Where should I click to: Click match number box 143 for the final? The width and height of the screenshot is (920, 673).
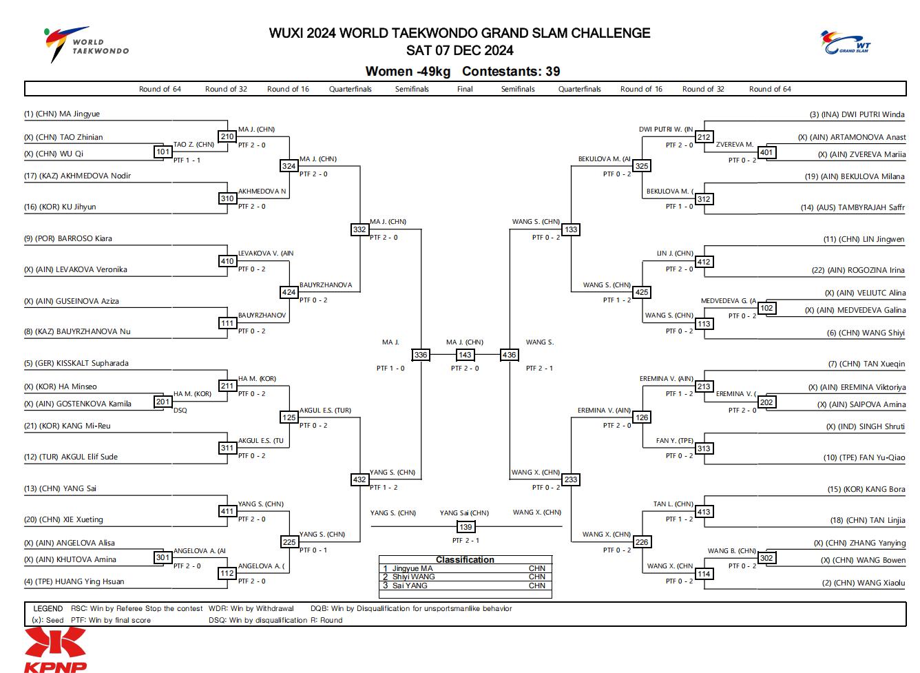coord(465,355)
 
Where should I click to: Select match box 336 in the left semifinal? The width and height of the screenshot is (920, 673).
coord(421,355)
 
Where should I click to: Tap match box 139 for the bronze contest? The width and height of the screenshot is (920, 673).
coord(466,527)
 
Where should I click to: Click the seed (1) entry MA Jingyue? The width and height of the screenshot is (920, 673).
coord(61,114)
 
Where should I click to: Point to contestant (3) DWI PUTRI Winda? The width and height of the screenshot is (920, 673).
coord(857,114)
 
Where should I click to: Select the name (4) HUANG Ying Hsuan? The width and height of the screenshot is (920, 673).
coord(74,581)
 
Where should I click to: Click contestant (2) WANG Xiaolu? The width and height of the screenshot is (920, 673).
coord(864,583)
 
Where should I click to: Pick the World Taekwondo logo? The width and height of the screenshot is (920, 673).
coord(86,44)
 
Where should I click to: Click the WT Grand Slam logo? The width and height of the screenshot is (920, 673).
coord(845,42)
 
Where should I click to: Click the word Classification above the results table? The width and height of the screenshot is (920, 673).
coord(465,559)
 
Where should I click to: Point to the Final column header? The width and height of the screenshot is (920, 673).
coord(465,89)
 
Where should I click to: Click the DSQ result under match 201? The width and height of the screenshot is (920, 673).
coord(180,410)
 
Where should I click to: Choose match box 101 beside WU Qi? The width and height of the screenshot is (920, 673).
coord(163,152)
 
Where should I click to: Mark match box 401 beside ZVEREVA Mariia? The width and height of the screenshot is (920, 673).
coord(766,152)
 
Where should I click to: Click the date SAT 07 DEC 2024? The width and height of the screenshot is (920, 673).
coord(459,50)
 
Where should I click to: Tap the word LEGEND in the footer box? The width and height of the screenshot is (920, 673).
coord(48,608)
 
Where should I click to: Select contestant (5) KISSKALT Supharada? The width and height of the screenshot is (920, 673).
coord(76,363)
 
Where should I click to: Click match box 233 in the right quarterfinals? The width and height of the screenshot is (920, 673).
coord(571,479)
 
